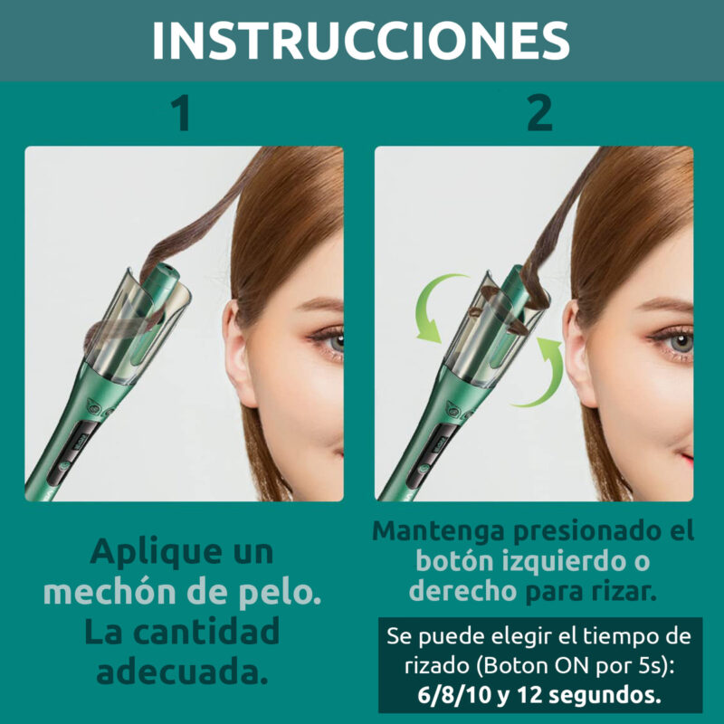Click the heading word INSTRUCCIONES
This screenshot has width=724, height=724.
(x=361, y=41)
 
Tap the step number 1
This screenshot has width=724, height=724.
(x=180, y=114)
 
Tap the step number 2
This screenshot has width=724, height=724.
(x=539, y=114)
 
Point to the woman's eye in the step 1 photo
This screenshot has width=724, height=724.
(x=331, y=341)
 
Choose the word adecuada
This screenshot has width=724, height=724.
(x=183, y=672)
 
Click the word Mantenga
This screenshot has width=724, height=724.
(x=438, y=531)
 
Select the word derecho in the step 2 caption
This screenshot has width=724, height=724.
(x=462, y=591)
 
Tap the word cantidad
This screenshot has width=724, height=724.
(x=206, y=632)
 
